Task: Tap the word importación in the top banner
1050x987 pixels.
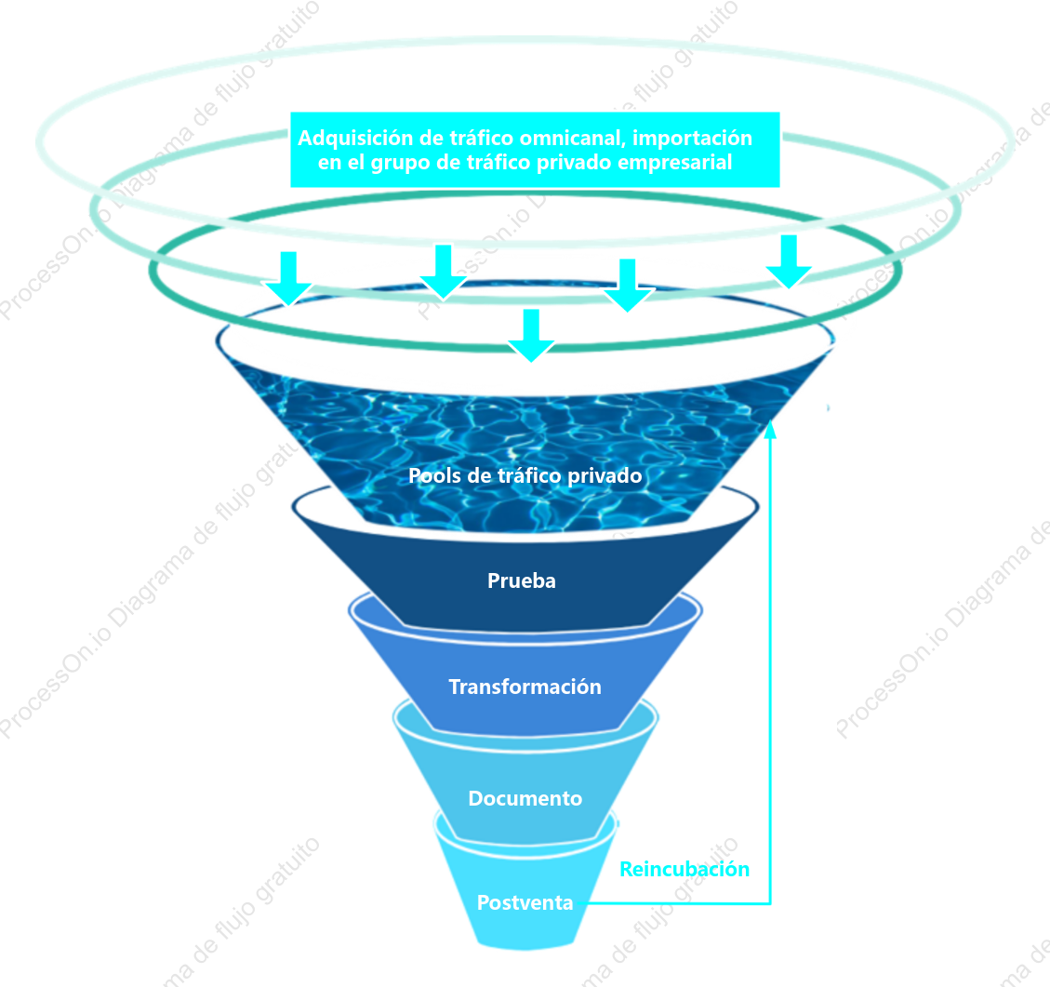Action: pos(693,139)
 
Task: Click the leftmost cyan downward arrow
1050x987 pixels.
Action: pos(288,278)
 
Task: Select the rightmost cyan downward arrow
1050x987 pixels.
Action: pos(789,261)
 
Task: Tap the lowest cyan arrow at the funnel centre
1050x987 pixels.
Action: pos(531,336)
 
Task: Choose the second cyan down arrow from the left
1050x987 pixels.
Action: pos(444,272)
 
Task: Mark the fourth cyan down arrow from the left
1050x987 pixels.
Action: pos(628,286)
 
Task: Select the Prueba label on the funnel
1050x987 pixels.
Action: pos(522,580)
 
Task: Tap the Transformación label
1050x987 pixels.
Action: pos(525,687)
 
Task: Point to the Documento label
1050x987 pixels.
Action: pos(525,798)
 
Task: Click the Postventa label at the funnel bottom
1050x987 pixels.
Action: pos(525,902)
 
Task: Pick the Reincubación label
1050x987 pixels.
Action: pos(684,869)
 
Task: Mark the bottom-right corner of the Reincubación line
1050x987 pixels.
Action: pos(770,903)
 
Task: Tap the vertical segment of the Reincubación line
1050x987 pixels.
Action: pos(770,663)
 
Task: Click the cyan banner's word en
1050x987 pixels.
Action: pos(329,164)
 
